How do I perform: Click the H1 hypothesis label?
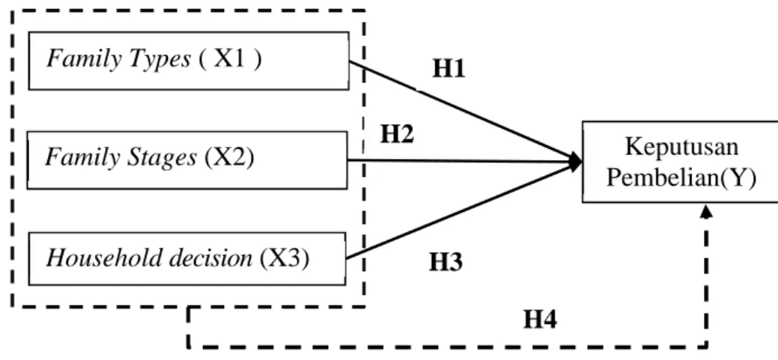click(x=449, y=69)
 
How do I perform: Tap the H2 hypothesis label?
click(x=397, y=134)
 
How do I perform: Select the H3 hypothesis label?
click(x=446, y=263)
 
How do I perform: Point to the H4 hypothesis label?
click(x=541, y=320)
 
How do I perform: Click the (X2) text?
click(x=228, y=158)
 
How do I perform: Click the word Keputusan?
click(x=681, y=147)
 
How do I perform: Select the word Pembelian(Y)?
click(x=681, y=179)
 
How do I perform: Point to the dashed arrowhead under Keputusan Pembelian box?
click(x=707, y=211)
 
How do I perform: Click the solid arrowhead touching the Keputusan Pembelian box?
click(x=576, y=162)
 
